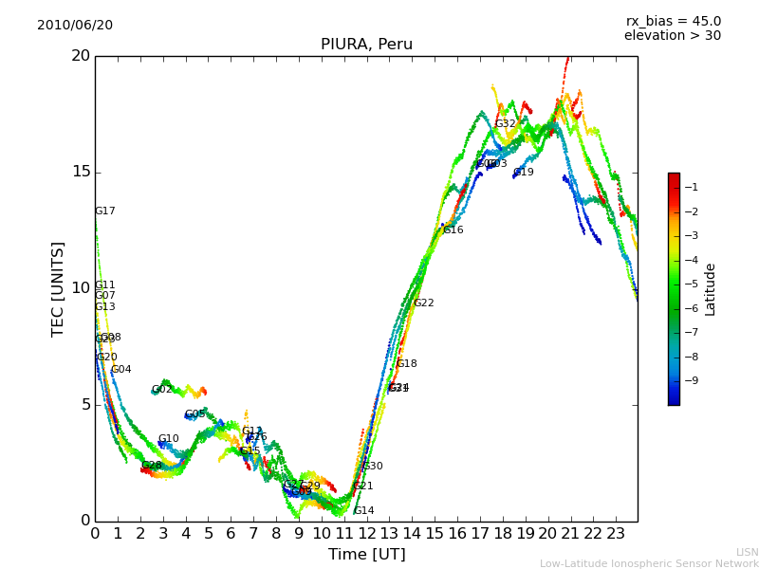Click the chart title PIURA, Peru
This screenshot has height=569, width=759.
(x=366, y=45)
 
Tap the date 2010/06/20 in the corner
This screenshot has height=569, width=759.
(x=75, y=26)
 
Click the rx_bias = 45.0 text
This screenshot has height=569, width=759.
(x=673, y=22)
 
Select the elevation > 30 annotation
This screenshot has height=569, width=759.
(x=672, y=36)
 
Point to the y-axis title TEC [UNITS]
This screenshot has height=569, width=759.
(x=58, y=288)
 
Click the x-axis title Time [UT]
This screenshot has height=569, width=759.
(x=366, y=555)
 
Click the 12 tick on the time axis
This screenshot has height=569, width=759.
(x=366, y=534)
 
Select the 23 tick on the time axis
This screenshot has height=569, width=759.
(x=615, y=534)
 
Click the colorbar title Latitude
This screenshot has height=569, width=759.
(x=711, y=289)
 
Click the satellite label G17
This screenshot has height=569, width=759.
(x=105, y=211)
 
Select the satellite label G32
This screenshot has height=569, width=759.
(x=506, y=124)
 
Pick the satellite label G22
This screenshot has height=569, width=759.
(x=424, y=303)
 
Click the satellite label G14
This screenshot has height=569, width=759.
(x=364, y=511)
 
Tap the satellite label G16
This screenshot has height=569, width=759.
(x=454, y=230)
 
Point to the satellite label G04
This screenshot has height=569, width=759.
(x=121, y=370)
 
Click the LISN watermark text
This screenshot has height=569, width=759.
(x=748, y=552)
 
